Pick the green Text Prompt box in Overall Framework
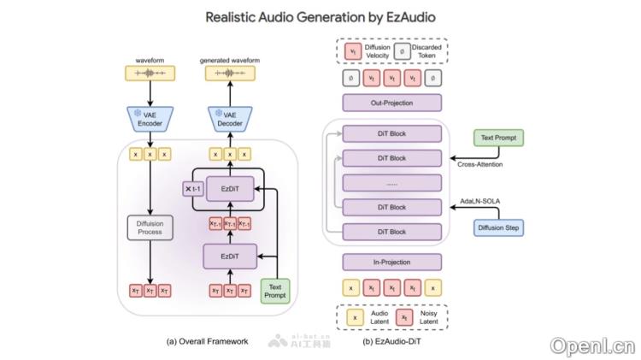point(273,290)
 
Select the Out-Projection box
point(391,103)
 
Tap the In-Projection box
point(391,261)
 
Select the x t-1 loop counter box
point(193,188)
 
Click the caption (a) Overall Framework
point(208,340)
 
